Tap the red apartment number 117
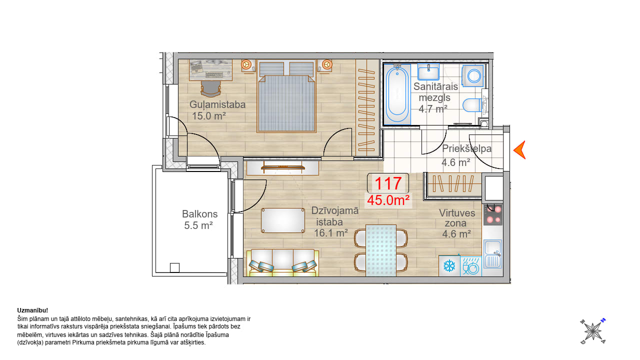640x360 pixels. click(388, 183)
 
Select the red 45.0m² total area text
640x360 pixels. click(388, 200)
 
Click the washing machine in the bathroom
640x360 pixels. click(473, 75)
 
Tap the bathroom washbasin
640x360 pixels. click(428, 71)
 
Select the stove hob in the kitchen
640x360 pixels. click(493, 214)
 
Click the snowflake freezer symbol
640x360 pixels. click(449, 266)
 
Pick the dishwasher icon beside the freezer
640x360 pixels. click(471, 266)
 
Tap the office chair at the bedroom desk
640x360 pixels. click(211, 88)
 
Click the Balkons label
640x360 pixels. click(199, 214)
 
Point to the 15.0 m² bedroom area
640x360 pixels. click(209, 116)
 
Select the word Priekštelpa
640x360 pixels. click(467, 148)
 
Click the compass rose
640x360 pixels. click(593, 331)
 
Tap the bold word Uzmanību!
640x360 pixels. click(32, 310)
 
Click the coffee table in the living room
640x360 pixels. click(283, 220)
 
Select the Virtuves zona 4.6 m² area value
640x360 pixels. click(456, 234)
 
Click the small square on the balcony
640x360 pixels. click(174, 267)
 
